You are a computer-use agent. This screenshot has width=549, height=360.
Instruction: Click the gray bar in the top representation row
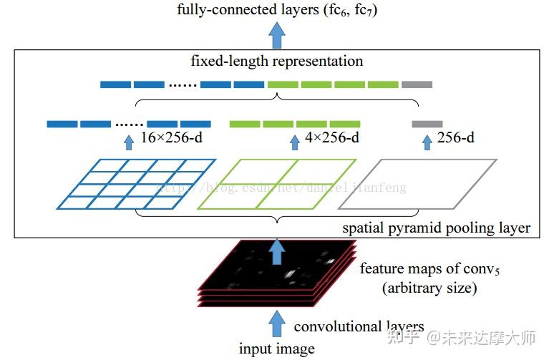[417, 84]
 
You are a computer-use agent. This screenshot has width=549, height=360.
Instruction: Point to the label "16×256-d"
[171, 137]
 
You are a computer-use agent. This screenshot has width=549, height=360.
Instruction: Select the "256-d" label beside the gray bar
[456, 137]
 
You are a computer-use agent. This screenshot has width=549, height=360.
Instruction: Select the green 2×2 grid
[276, 185]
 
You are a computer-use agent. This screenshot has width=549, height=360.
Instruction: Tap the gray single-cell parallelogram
[417, 185]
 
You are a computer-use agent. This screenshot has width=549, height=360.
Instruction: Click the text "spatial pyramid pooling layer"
[436, 228]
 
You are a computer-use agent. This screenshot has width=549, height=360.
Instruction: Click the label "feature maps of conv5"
[418, 269]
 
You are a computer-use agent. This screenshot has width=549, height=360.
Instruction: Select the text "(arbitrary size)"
[419, 288]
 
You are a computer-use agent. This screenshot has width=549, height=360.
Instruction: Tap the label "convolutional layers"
[359, 326]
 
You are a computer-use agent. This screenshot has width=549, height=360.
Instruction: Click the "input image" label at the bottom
[276, 349]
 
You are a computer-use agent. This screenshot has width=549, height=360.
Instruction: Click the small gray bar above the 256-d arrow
[427, 124]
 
